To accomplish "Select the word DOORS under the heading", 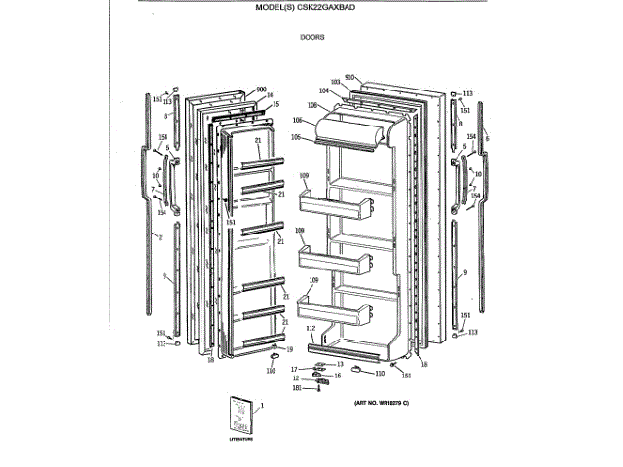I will click(311, 39).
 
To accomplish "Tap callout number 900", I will click(261, 90).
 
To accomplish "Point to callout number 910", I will click(350, 76).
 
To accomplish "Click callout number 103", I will click(336, 82).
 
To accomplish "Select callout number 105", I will click(295, 137).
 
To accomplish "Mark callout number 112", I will click(310, 329).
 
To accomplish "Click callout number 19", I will click(290, 348).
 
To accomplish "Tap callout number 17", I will click(293, 368).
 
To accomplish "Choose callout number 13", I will click(340, 363).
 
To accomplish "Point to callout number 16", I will click(338, 375).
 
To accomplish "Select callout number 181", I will click(296, 388).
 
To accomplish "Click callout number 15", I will click(276, 104).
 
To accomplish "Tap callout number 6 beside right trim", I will click(487, 139).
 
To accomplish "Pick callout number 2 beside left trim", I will click(159, 236).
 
